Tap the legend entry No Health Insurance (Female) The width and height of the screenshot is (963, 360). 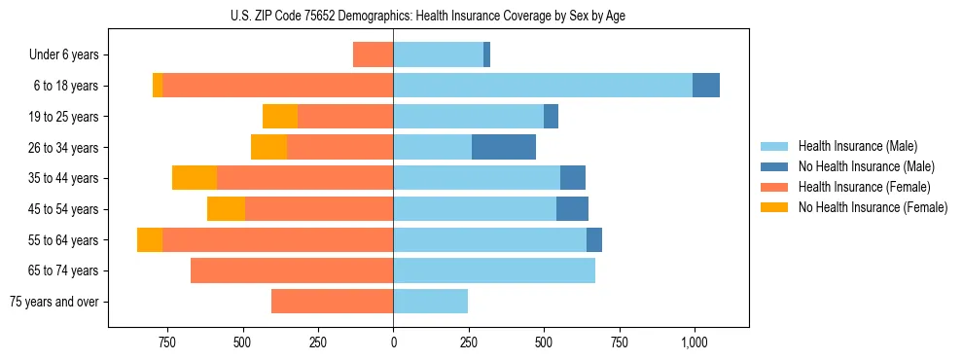click(873, 207)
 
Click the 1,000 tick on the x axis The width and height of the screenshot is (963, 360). click(694, 343)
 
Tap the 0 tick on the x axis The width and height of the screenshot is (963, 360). click(393, 343)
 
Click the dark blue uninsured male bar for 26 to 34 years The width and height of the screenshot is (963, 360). click(504, 147)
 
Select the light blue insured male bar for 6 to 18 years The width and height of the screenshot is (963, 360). click(543, 86)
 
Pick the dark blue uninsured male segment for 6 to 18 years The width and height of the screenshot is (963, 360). click(706, 86)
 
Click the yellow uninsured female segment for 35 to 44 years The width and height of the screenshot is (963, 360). click(195, 178)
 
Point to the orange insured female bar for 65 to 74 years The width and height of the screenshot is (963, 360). click(292, 270)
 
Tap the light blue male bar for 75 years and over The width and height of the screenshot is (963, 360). click(431, 302)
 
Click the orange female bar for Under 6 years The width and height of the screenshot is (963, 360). click(373, 54)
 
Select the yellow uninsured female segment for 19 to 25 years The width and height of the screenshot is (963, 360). click(280, 117)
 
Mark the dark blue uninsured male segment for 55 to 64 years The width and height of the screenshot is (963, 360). click(594, 239)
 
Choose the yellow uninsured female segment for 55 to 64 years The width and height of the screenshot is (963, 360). click(150, 239)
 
